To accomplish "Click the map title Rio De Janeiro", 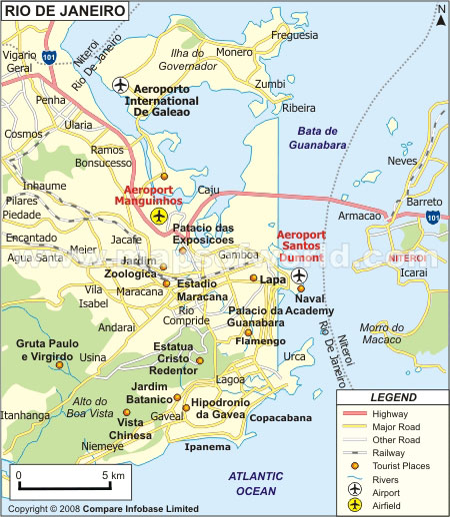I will [65, 11].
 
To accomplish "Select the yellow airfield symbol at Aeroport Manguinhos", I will [158, 216].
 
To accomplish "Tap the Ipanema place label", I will [207, 446].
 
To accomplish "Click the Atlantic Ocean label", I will [256, 483].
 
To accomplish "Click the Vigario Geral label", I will [23, 62].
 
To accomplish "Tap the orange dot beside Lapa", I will [254, 279].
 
